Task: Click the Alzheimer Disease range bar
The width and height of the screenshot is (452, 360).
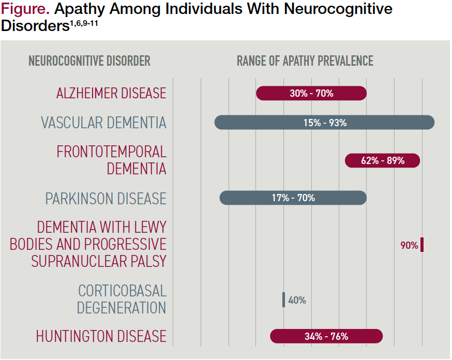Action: click(311, 93)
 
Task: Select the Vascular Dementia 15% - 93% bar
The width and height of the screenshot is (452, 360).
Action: click(324, 123)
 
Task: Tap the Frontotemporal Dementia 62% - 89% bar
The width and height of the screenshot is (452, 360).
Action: click(382, 160)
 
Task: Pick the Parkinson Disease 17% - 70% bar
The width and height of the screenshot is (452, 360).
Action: click(293, 198)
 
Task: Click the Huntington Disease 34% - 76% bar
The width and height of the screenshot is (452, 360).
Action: click(326, 336)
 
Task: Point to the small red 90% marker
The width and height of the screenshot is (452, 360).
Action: click(422, 245)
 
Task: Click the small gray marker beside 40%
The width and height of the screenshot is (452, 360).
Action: click(283, 300)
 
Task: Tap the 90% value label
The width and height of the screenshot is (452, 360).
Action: click(409, 245)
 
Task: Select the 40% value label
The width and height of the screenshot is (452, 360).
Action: click(297, 300)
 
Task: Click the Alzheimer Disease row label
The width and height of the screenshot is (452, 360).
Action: click(111, 93)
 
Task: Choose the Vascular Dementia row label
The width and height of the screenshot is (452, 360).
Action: click(103, 123)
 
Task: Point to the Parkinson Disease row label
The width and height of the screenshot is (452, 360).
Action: click(106, 199)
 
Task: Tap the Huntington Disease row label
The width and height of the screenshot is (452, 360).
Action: click(101, 336)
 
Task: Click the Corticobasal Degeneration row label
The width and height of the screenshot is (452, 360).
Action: click(122, 299)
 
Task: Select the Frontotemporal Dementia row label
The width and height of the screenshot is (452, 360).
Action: click(111, 160)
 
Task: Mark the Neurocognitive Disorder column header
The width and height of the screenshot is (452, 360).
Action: click(89, 61)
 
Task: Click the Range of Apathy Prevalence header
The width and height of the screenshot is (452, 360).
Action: click(305, 61)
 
